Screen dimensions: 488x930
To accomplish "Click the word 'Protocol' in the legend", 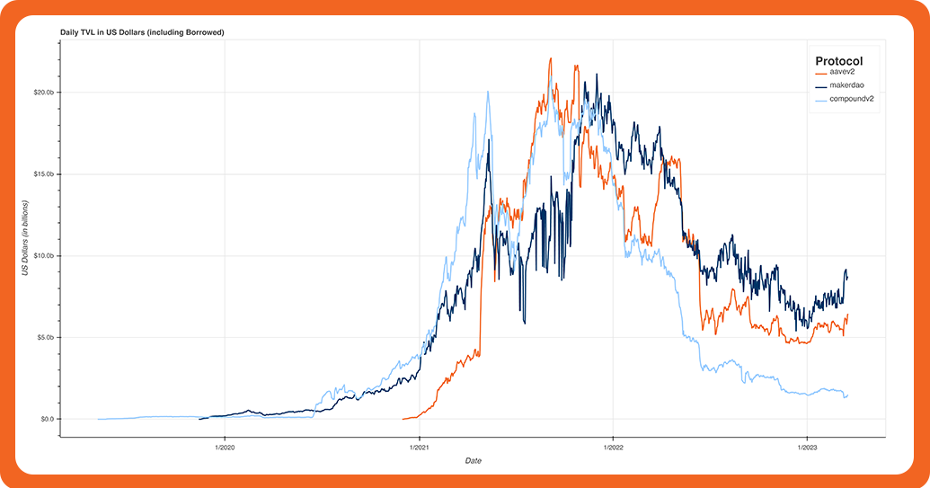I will click(838, 60).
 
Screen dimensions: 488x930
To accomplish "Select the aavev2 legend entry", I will click(840, 72).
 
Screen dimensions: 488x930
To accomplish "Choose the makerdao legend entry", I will click(846, 84).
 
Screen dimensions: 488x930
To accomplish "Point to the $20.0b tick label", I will click(41, 93).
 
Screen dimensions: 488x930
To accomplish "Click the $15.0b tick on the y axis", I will click(41, 174).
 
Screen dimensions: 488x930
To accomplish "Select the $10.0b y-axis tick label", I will click(41, 256).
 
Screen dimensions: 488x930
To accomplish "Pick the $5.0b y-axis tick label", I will click(43, 338).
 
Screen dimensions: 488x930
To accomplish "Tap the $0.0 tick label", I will click(45, 419).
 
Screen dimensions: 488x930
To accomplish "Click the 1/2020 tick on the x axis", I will click(225, 447).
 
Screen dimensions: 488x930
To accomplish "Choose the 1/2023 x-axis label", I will click(806, 447).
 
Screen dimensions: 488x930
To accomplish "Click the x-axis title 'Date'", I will click(473, 461).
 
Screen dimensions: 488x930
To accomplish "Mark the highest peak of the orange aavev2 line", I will click(550, 58).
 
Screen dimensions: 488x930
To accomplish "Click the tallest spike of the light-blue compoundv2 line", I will click(487, 92).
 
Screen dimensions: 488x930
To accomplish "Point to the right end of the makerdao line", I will click(847, 276).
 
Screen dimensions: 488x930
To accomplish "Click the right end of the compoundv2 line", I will click(847, 395).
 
